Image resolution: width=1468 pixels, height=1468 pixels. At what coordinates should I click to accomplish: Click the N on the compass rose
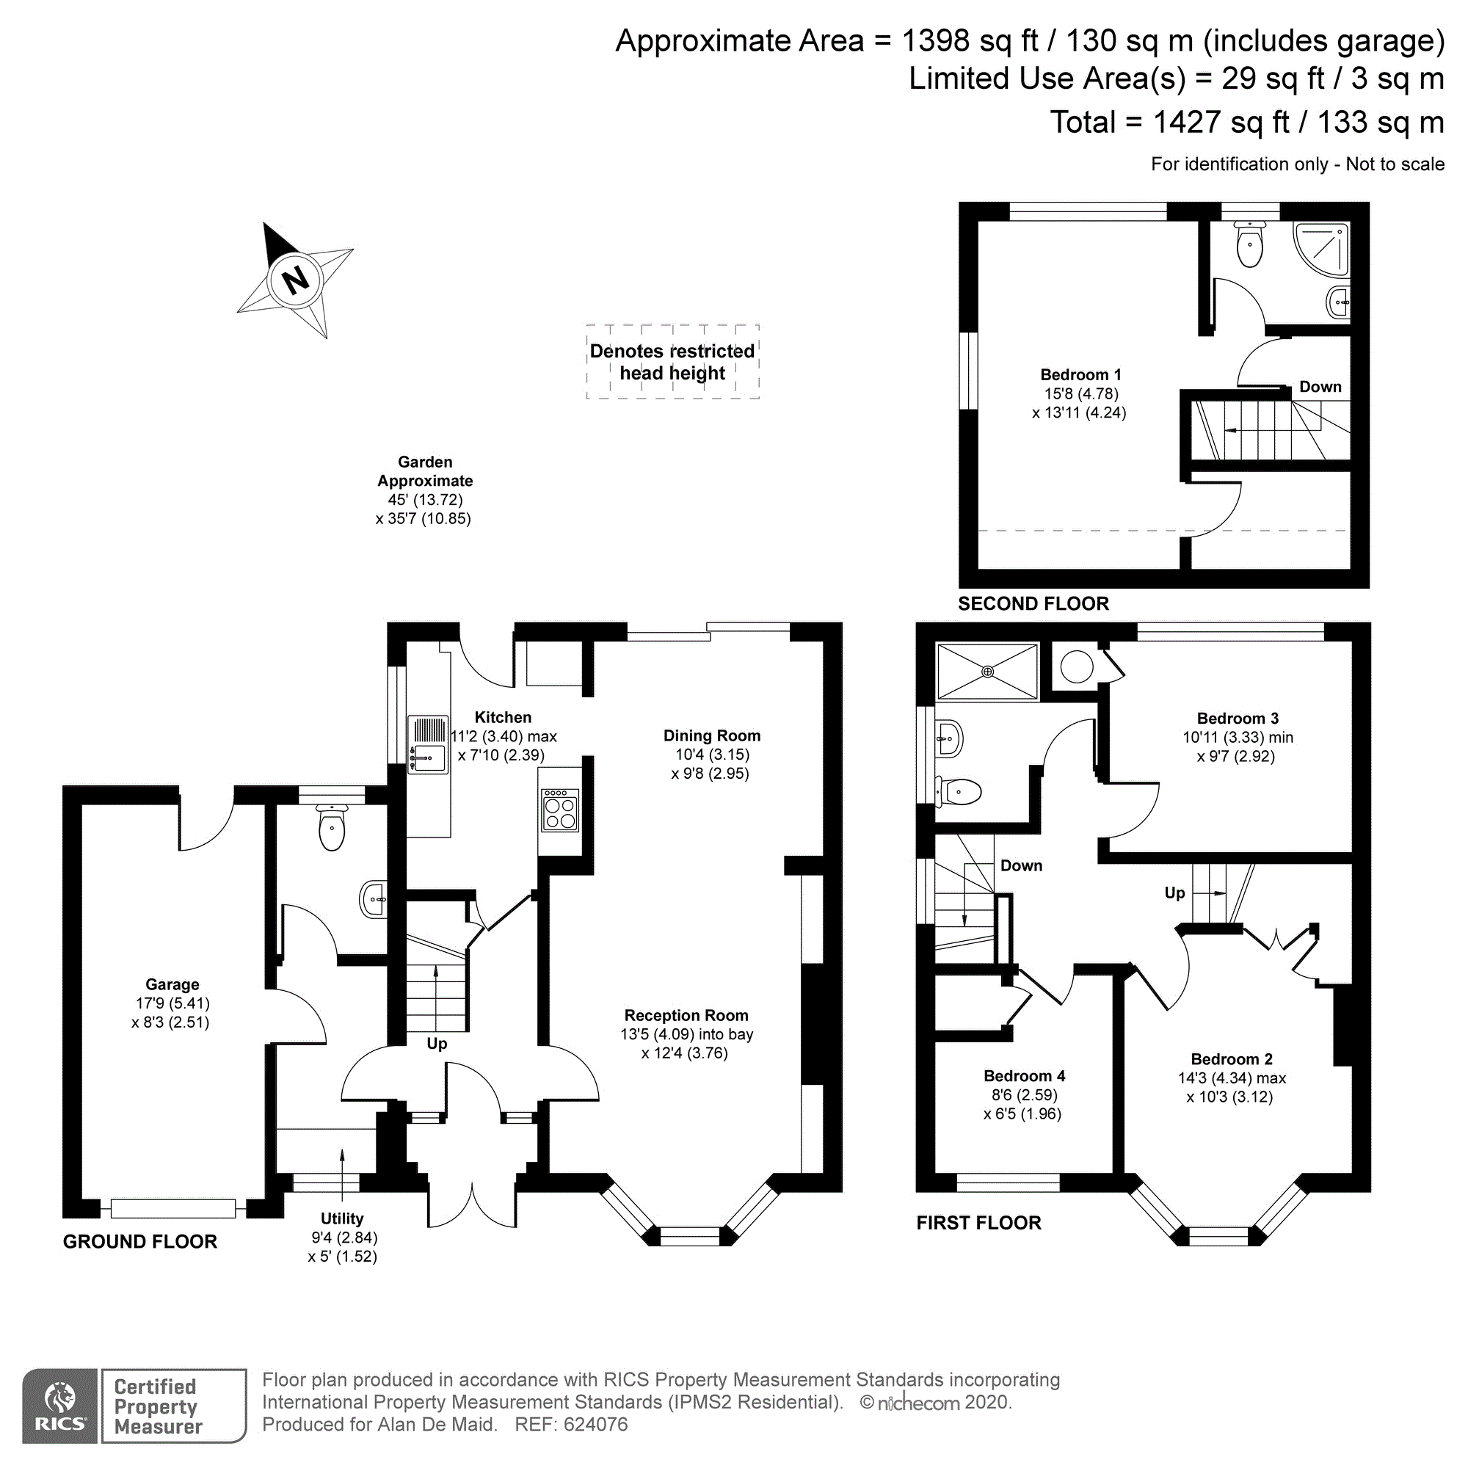(x=296, y=280)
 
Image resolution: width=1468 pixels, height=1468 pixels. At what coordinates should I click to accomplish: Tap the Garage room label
(x=172, y=984)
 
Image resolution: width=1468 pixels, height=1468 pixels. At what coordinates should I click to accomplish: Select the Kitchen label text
(x=503, y=717)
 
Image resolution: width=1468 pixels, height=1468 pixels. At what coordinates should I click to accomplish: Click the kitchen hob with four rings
(x=560, y=810)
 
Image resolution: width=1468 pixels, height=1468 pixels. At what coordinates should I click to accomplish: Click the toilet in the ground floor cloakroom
(x=332, y=826)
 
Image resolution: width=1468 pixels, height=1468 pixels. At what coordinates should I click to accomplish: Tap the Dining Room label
(x=712, y=735)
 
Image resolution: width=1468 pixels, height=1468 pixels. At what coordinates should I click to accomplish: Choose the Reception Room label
(x=686, y=1015)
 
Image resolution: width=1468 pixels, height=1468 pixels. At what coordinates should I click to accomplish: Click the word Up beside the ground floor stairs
(x=437, y=1044)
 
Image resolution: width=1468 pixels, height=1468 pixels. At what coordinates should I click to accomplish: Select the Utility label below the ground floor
(x=342, y=1218)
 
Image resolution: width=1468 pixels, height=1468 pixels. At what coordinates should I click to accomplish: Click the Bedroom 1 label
(x=1080, y=374)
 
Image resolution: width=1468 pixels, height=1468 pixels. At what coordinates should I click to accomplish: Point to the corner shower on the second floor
(x=1321, y=250)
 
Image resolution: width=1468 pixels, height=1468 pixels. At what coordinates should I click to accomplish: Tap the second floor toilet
(x=1249, y=243)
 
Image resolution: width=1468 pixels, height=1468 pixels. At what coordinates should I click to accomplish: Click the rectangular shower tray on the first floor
(x=988, y=671)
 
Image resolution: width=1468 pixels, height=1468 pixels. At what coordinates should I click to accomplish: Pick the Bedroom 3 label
(x=1238, y=718)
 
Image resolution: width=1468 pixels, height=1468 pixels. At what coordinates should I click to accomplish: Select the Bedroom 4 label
(x=1024, y=1076)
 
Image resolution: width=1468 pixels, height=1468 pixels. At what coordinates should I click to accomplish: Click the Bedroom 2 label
(x=1232, y=1059)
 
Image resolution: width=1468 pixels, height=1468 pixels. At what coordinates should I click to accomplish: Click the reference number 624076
(x=596, y=1425)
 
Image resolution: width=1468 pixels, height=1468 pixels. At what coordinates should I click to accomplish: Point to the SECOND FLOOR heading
(x=1033, y=603)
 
